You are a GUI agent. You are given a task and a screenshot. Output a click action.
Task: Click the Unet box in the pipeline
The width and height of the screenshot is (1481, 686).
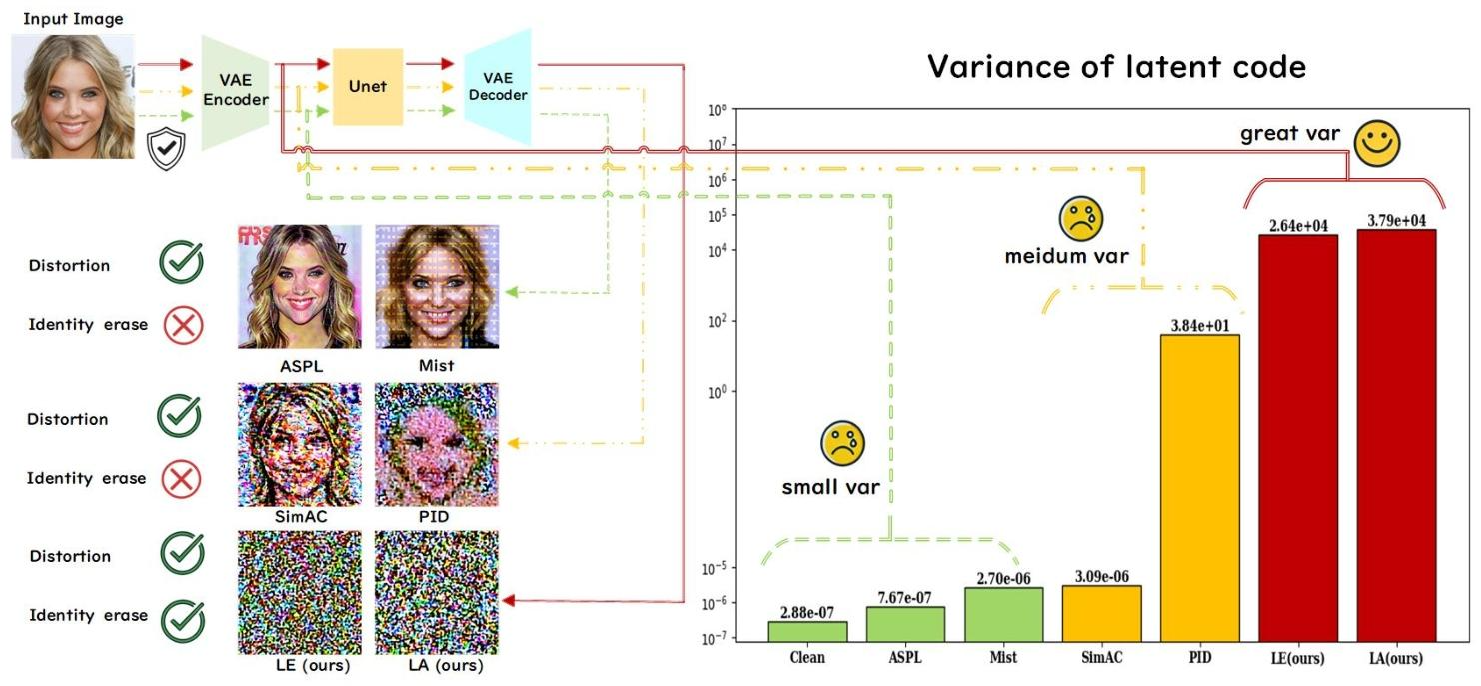[x=367, y=87]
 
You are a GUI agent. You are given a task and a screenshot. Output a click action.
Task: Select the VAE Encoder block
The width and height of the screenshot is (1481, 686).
[x=237, y=92]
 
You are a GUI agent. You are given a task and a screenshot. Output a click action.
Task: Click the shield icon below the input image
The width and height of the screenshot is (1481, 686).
[x=165, y=150]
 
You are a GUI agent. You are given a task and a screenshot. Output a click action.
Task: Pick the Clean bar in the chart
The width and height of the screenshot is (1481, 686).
[x=807, y=631]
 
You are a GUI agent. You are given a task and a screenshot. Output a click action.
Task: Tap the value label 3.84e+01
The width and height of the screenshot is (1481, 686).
[x=1199, y=324]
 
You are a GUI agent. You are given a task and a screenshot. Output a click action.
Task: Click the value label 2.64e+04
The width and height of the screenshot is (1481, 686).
[x=1298, y=225]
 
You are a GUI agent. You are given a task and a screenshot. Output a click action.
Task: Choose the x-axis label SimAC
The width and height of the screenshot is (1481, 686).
[x=1100, y=658]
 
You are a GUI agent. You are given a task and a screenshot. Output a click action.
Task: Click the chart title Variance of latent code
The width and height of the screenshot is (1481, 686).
[x=1116, y=67]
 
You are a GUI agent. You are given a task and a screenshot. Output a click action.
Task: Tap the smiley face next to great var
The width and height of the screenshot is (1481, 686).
[x=1377, y=144]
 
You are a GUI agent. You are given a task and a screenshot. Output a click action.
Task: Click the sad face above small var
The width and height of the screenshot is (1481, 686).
[x=842, y=443]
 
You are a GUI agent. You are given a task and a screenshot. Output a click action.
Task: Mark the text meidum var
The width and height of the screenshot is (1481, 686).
[x=1066, y=256]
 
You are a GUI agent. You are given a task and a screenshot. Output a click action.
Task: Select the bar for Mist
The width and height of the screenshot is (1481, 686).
[x=1003, y=614]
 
